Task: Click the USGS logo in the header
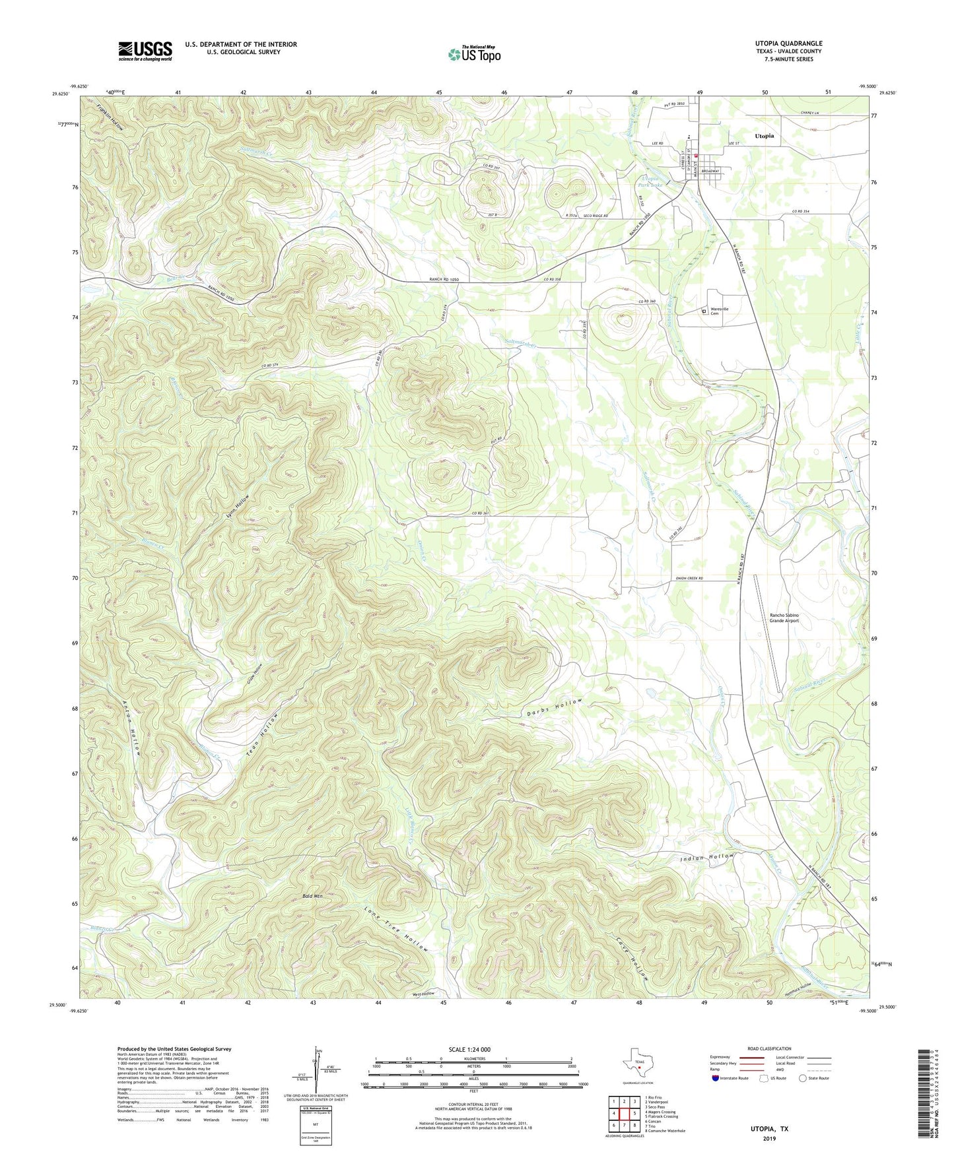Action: tap(145, 50)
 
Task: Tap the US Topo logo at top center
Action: tap(474, 54)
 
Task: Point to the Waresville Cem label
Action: tap(718, 311)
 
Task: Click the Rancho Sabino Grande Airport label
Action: tap(784, 618)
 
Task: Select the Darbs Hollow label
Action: tap(555, 707)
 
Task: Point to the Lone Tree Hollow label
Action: tap(396, 929)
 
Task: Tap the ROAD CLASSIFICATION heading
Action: tap(769, 1048)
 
